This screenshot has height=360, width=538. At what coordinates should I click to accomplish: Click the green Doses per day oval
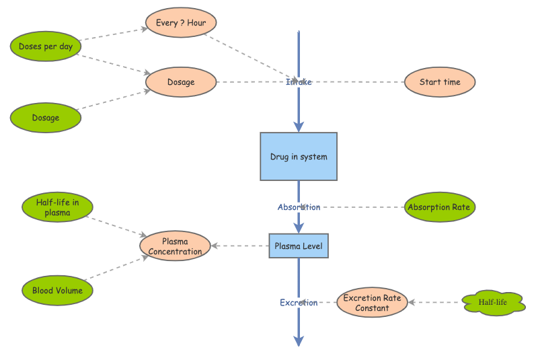(x=46, y=46)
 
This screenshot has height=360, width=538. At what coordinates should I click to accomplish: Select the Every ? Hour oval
(x=181, y=23)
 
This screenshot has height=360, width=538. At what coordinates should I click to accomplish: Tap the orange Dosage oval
(x=181, y=82)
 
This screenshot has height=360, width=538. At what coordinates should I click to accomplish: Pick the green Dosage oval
(x=46, y=118)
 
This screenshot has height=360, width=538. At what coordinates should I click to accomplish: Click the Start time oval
(x=440, y=82)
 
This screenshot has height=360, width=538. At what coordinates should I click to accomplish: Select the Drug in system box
(x=299, y=157)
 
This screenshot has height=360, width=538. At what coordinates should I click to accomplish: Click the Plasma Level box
(x=299, y=246)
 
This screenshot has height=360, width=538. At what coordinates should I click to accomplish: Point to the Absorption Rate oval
(x=439, y=207)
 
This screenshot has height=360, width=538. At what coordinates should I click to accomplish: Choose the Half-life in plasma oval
(x=57, y=208)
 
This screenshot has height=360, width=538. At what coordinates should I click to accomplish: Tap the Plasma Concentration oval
(x=175, y=246)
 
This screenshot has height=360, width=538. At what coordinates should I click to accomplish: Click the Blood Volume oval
(x=57, y=291)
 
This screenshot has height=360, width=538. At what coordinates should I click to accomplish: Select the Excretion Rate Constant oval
(x=372, y=303)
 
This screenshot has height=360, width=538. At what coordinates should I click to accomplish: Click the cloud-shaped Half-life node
(x=493, y=303)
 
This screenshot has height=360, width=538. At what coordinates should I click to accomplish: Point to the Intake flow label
(x=299, y=82)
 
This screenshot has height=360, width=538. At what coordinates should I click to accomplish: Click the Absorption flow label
(x=299, y=207)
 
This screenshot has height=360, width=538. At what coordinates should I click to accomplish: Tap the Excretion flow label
(x=299, y=303)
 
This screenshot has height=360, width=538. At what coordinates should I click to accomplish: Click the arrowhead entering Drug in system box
(x=299, y=127)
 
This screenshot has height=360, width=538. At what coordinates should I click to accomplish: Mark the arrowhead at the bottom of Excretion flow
(x=299, y=340)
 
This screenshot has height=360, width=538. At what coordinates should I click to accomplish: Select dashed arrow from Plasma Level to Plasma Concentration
(x=240, y=246)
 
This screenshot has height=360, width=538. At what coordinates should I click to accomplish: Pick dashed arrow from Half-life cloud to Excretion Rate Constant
(x=435, y=303)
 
